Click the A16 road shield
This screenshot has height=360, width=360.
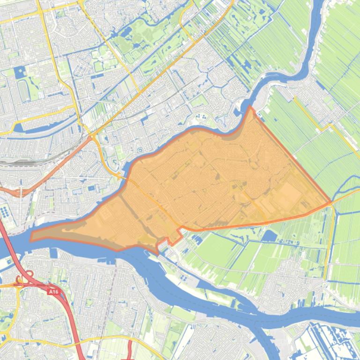point(54,291)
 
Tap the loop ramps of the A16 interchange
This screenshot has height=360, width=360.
point(21,281)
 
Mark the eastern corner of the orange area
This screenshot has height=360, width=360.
point(331,203)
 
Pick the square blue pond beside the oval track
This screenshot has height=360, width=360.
point(20,72)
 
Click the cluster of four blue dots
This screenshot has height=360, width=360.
point(201,115)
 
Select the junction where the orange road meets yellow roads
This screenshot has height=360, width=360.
point(92,137)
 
